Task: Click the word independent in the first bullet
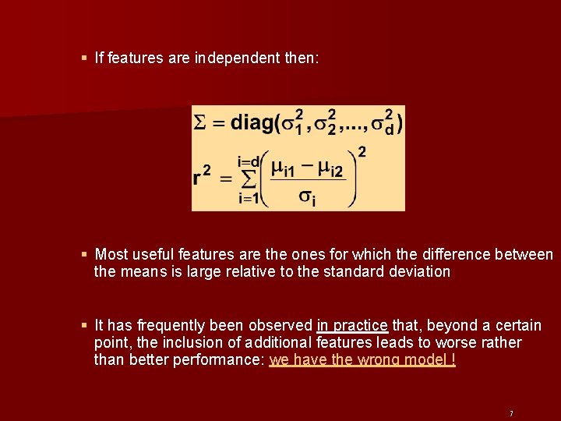(x=234, y=58)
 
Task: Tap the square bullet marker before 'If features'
(x=84, y=58)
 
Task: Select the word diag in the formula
(x=250, y=123)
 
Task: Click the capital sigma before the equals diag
(x=199, y=123)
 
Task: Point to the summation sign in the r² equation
(x=249, y=179)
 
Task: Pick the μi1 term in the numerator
(x=282, y=168)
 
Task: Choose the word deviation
(x=422, y=272)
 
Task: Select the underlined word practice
(x=362, y=325)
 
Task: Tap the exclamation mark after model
(x=453, y=360)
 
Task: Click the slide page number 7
(x=510, y=413)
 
